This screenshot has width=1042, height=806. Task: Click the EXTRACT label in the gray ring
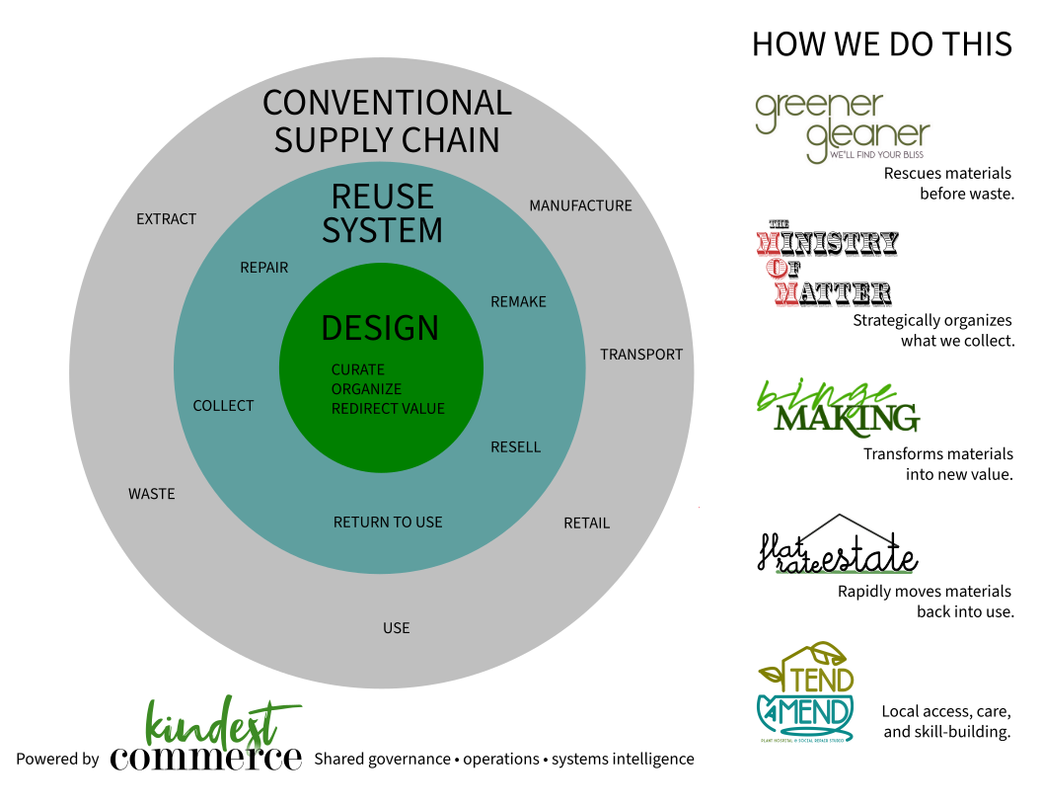(x=167, y=219)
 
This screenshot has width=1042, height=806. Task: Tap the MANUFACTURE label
(x=580, y=205)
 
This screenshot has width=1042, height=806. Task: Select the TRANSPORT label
(x=641, y=355)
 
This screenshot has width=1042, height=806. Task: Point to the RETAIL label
(x=586, y=524)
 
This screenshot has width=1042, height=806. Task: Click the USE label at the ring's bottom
(x=396, y=628)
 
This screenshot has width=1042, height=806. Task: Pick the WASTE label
(x=152, y=494)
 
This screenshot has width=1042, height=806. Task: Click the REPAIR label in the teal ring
(x=264, y=268)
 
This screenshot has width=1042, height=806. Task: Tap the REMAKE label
(x=518, y=302)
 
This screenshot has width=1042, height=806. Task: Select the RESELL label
(x=515, y=447)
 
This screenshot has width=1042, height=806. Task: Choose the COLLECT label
(x=223, y=406)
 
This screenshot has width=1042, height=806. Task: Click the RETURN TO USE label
(x=388, y=523)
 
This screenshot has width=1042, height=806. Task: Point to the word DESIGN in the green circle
(x=380, y=328)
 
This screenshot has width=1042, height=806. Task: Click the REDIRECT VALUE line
(x=388, y=409)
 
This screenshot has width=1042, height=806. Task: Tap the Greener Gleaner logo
(x=842, y=128)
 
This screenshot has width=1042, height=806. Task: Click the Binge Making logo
(x=837, y=408)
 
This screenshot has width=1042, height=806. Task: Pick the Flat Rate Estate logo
(x=837, y=546)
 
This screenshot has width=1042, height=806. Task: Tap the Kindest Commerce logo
(x=206, y=736)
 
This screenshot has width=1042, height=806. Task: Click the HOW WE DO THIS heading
(x=881, y=44)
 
